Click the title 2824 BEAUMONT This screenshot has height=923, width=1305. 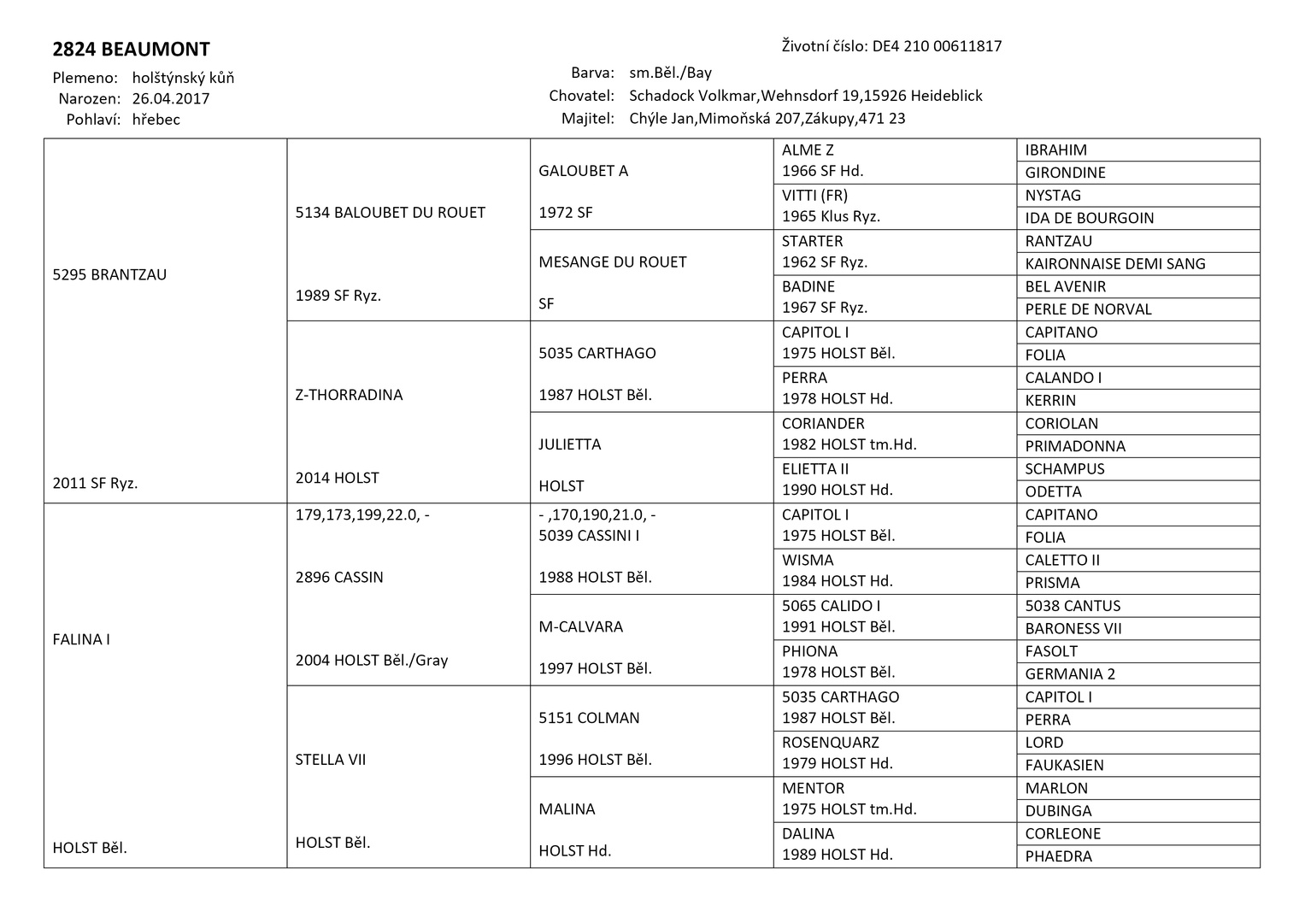pos(131,50)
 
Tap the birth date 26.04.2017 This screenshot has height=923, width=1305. pos(171,98)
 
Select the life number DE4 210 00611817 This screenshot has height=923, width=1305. pos(937,46)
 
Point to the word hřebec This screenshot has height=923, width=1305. pos(156,120)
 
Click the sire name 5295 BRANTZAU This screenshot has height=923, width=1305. pos(109,275)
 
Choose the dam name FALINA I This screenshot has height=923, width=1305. pos(81,639)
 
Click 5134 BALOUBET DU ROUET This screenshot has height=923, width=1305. pos(390,213)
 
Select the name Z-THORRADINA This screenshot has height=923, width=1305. pos(349,395)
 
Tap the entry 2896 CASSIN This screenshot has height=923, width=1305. pos(339,577)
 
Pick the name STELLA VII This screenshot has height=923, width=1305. pos(331,760)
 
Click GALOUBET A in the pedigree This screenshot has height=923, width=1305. pos(583,171)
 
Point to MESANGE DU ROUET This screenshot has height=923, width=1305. pos(613,262)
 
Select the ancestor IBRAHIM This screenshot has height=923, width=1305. pos(1056,150)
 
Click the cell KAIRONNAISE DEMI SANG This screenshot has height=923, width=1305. pos(1115,264)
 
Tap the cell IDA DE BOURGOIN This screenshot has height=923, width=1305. pos(1090,218)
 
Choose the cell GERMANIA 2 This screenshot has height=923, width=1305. pos(1070,674)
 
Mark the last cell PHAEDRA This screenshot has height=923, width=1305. pos(1058,856)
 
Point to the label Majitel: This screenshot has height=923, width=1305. pos(587,119)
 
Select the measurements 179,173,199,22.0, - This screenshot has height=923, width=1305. pos(362,514)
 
